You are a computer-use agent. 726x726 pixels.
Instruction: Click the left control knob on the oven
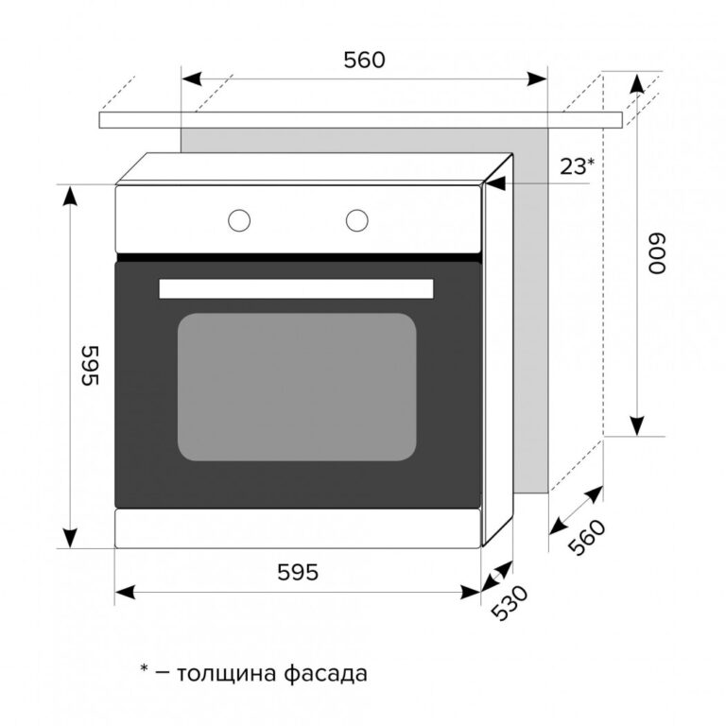pos(239,220)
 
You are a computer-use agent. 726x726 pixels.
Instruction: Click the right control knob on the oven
pos(357,220)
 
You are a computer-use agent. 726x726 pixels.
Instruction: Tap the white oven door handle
pos(296,288)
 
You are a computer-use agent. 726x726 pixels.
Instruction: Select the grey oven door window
pos(297,387)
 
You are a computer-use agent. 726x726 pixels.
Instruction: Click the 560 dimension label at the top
pos(364,60)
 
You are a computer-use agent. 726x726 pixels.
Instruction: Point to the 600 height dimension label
pos(657,253)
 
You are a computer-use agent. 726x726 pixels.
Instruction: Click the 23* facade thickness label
pos(577,166)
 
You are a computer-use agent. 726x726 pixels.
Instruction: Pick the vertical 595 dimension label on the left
pos(90,365)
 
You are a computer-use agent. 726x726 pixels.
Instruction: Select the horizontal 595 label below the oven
pos(298,573)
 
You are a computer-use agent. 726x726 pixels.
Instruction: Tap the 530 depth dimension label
pos(510,603)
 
